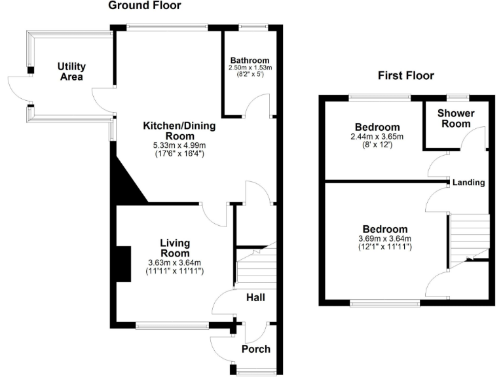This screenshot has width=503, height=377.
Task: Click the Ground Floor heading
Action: (144, 6)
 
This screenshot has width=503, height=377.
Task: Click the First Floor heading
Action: (406, 75)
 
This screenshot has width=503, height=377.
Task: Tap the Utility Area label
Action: (71, 71)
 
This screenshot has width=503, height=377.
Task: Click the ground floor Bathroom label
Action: (249, 60)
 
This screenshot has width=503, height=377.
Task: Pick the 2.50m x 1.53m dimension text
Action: (249, 67)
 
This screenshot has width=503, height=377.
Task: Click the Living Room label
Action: (175, 248)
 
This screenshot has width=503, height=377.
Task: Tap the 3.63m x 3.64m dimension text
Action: (175, 263)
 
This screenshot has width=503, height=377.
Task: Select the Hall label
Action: (255, 298)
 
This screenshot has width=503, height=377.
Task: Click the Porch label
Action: (256, 349)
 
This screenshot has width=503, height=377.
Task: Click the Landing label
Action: (468, 183)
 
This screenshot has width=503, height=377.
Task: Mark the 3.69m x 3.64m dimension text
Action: (384, 239)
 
